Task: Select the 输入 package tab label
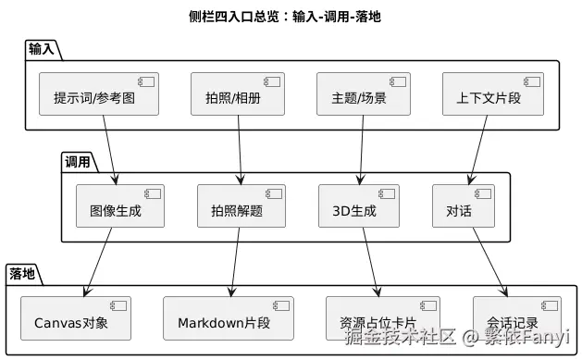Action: (x=41, y=49)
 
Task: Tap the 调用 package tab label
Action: (x=78, y=162)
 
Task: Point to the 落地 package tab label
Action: (x=22, y=274)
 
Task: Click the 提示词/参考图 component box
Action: (x=99, y=94)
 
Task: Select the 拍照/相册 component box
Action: (x=239, y=94)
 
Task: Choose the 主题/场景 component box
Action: (x=358, y=94)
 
